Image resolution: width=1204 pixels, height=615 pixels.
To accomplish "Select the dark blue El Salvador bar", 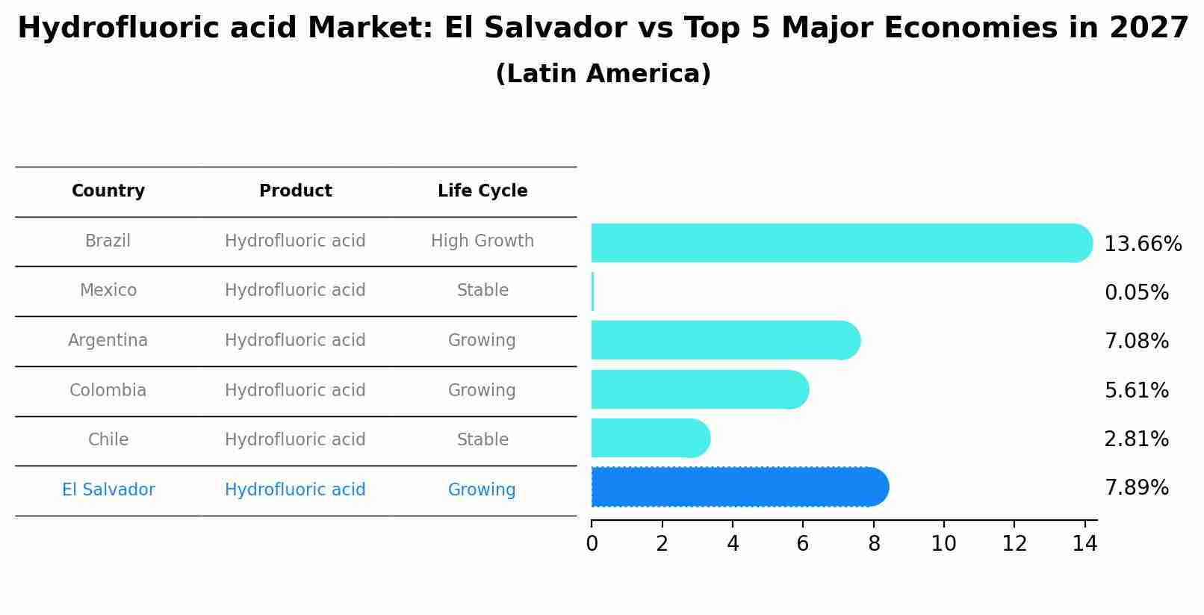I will tap(739, 487).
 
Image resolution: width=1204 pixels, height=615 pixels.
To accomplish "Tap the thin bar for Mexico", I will tap(592, 291).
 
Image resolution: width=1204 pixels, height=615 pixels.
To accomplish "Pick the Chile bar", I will tap(650, 438).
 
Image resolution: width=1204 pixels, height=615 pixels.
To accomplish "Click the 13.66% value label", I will tap(1142, 244).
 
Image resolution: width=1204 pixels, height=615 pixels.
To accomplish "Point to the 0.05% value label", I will tap(1136, 293).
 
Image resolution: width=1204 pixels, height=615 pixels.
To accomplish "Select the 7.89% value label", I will tap(1136, 488).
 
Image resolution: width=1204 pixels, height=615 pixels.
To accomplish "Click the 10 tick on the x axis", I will tap(943, 544).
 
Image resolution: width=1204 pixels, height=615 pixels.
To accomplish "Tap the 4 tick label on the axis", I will tap(733, 544).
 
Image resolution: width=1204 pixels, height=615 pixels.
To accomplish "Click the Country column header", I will tap(108, 191).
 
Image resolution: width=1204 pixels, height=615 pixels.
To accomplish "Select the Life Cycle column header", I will tap(482, 191).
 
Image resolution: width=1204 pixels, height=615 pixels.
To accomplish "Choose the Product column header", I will tap(295, 191).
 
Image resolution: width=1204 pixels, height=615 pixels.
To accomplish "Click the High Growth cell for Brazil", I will tap(482, 241).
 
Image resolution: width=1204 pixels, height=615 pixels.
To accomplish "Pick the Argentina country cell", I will tap(108, 341).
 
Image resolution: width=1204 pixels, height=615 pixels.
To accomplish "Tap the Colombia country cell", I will tap(108, 391).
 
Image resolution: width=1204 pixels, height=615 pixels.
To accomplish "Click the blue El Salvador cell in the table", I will tap(108, 490).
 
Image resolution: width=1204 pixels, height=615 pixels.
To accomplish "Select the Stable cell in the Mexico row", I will tap(482, 291).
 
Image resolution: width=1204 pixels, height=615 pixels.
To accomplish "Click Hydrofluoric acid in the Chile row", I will tap(295, 440).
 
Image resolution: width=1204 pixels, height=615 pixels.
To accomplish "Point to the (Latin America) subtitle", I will tap(603, 74).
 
